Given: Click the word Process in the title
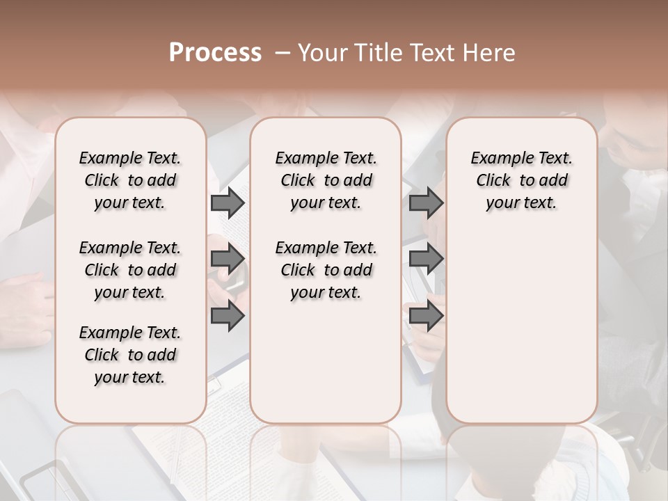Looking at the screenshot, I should click(215, 53).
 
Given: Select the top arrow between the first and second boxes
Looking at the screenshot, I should click(228, 203).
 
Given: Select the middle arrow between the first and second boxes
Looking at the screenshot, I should click(228, 260).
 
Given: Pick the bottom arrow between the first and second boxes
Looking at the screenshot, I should click(228, 316).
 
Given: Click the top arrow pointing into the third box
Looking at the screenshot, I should click(426, 203).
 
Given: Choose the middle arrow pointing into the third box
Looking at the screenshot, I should click(426, 260).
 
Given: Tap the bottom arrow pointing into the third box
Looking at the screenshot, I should click(426, 316).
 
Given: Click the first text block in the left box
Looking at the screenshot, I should click(130, 180).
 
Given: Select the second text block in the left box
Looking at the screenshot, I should click(130, 270).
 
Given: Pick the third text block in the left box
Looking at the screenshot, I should click(130, 355).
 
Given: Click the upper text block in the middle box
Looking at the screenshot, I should click(326, 180).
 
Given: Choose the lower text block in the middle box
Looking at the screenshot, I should click(326, 270).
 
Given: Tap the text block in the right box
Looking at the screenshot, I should click(522, 180).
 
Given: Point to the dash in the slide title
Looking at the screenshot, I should click(283, 53).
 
